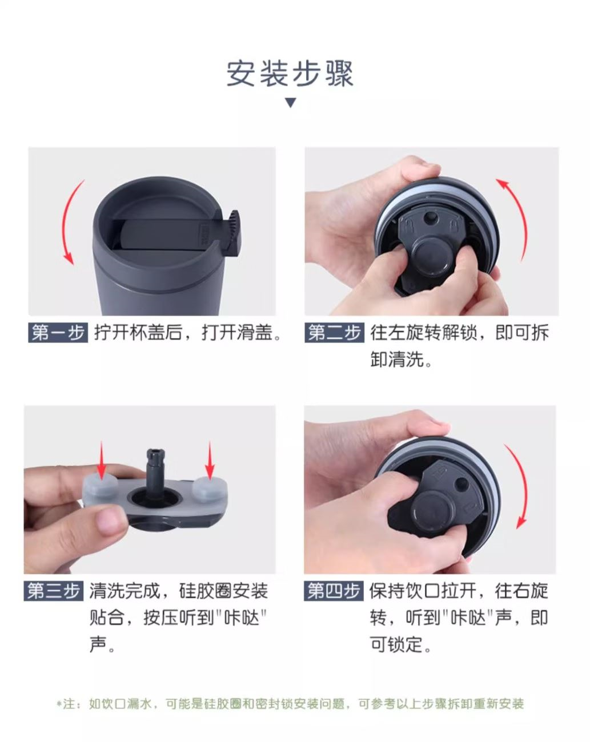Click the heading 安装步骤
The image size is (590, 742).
pyautogui.click(x=290, y=74)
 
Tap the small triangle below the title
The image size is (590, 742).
pyautogui.click(x=291, y=102)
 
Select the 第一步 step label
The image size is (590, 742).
pyautogui.click(x=58, y=333)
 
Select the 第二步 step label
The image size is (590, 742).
pyautogui.click(x=334, y=333)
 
